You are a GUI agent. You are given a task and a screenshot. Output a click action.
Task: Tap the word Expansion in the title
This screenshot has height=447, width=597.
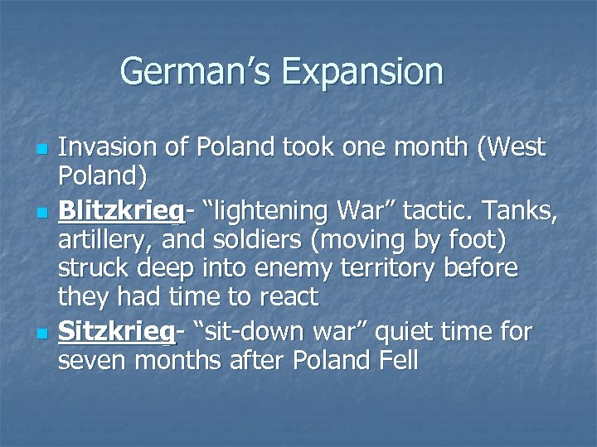tap(362, 73)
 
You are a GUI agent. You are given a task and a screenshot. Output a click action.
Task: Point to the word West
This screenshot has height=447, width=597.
tap(516, 148)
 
